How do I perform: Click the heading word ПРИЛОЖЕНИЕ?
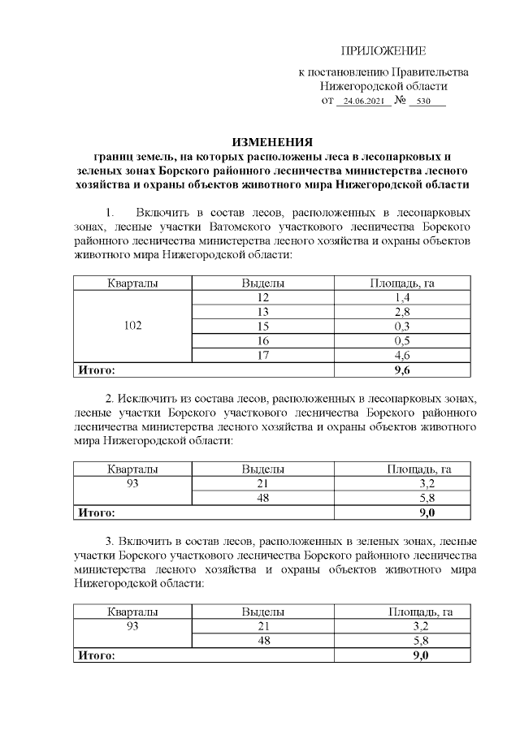tap(383, 50)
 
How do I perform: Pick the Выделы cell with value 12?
tap(262, 297)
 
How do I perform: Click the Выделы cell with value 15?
tap(262, 326)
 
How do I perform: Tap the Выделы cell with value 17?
tap(262, 354)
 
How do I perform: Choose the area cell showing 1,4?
tap(402, 297)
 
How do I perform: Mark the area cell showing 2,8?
tap(402, 312)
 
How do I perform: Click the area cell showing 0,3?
tap(402, 326)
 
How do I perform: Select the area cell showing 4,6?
tap(402, 354)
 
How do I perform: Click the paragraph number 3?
tap(109, 540)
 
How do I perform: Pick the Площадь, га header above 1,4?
tap(402, 283)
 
